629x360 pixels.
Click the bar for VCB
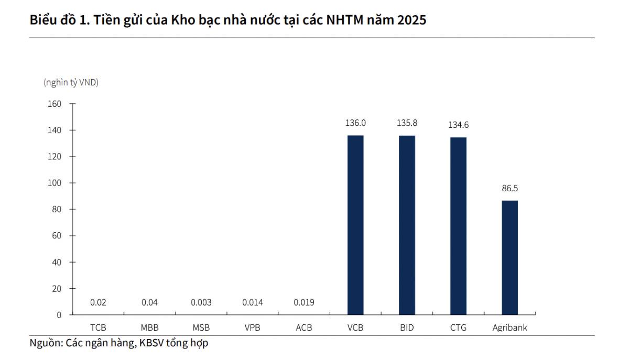(355, 225)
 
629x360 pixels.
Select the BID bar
(407, 225)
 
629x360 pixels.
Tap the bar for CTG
(458, 226)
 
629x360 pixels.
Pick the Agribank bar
(509, 257)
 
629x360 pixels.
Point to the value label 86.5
(509, 189)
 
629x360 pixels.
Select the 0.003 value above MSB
(201, 302)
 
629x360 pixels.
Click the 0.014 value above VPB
(253, 302)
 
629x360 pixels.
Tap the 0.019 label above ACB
(304, 302)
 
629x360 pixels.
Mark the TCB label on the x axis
(98, 328)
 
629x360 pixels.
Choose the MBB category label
(149, 328)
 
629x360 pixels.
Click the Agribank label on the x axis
(509, 328)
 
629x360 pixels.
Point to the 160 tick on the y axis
(55, 104)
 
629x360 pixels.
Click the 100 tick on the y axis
(55, 183)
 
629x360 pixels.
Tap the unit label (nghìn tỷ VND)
(71, 82)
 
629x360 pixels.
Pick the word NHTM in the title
(344, 20)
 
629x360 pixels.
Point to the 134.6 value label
(458, 125)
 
